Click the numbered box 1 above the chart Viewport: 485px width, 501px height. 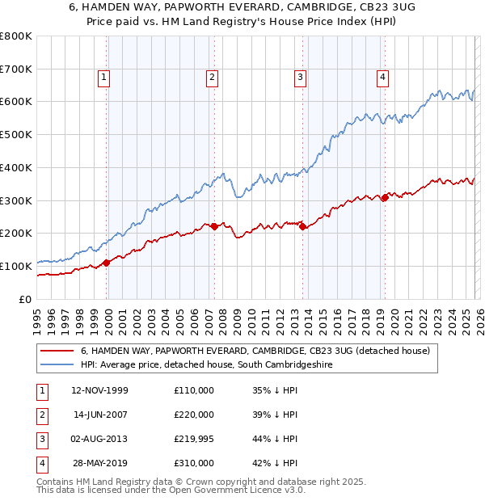pyautogui.click(x=106, y=78)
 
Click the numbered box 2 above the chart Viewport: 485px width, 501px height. pyautogui.click(x=212, y=78)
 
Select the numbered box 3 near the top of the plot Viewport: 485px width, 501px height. pyautogui.click(x=300, y=78)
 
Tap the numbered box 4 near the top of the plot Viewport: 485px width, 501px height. pyautogui.click(x=382, y=78)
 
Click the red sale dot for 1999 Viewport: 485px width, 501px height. pyautogui.click(x=107, y=263)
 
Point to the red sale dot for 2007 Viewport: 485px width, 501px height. pyautogui.click(x=214, y=227)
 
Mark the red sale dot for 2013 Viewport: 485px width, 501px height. pyautogui.click(x=302, y=227)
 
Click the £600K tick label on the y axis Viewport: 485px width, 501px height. pyautogui.click(x=16, y=102)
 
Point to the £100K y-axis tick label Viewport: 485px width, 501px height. pyautogui.click(x=16, y=266)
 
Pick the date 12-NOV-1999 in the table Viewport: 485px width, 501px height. pyautogui.click(x=99, y=390)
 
